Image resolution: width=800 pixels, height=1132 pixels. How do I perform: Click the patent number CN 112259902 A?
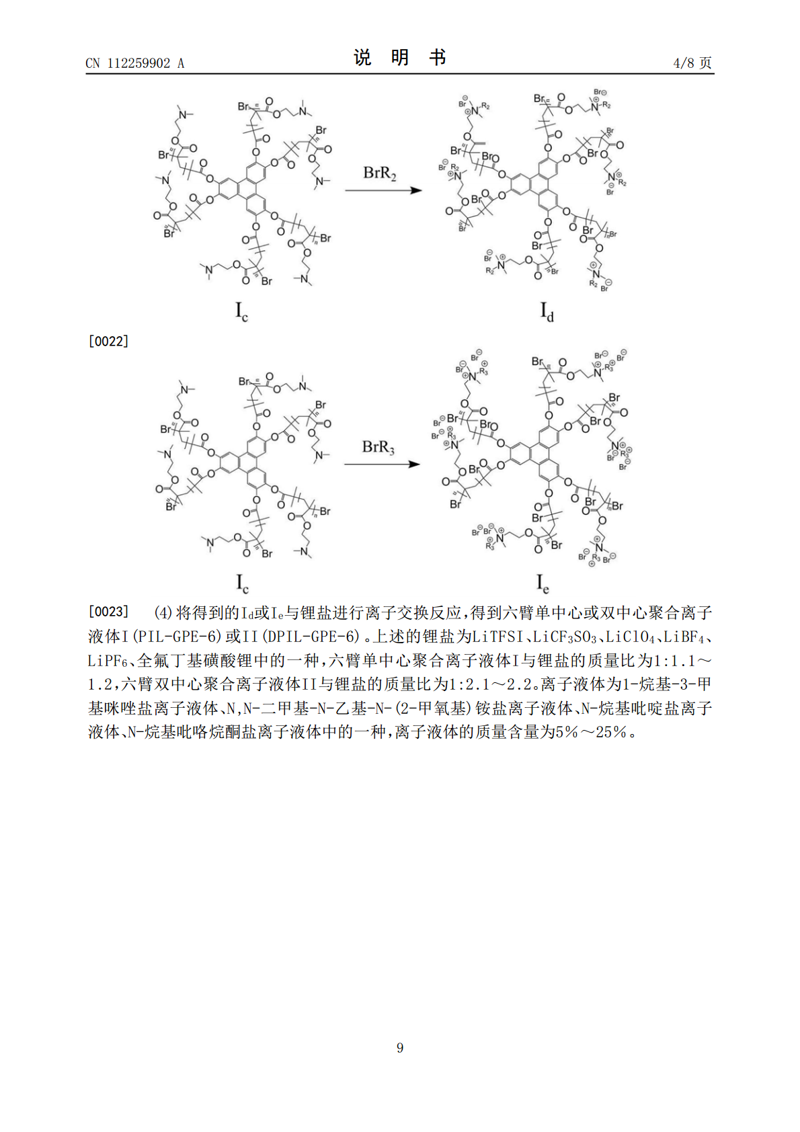134,63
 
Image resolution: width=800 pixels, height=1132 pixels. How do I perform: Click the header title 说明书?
400,58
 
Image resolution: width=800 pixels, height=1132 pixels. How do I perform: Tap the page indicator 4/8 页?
692,63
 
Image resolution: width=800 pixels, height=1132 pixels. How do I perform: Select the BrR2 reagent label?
380,173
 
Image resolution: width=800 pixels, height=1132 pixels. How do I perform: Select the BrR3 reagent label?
378,447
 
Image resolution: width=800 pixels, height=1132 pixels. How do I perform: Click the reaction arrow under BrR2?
383,191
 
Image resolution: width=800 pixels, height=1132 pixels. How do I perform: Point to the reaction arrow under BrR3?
382,464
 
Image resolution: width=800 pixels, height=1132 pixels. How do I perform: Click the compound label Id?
547,311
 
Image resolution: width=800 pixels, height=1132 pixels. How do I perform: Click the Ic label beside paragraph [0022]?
241,311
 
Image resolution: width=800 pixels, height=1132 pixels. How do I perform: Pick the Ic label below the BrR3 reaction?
242,583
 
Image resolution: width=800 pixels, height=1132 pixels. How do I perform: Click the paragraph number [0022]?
108,341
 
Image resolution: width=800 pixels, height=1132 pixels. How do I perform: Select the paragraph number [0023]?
108,612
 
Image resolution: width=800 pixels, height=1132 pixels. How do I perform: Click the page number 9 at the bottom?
400,1048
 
